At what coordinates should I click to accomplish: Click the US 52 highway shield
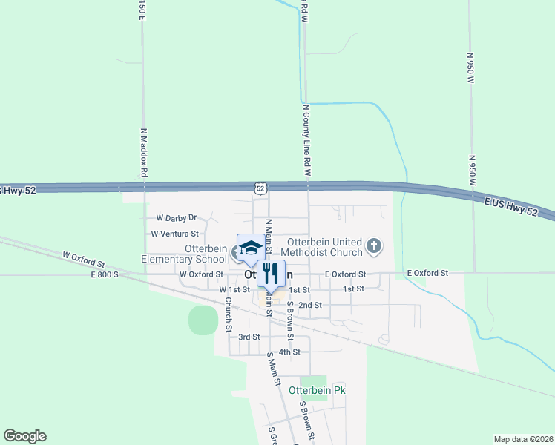(x=260, y=188)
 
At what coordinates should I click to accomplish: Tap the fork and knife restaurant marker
(x=271, y=273)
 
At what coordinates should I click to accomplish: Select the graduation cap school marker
(x=251, y=247)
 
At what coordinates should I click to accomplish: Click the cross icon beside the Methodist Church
(x=375, y=245)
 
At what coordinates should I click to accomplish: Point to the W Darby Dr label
(x=176, y=218)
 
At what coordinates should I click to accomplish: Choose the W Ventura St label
(x=175, y=233)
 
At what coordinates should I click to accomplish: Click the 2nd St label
(x=310, y=305)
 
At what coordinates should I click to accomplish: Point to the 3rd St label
(x=249, y=337)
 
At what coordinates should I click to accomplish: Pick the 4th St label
(x=289, y=352)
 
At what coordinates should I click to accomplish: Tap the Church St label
(x=229, y=314)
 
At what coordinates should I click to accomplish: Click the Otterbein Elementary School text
(x=185, y=254)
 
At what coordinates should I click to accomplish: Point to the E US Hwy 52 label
(x=511, y=208)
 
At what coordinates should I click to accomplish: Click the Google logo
(x=25, y=436)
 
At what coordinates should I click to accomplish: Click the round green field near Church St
(x=203, y=320)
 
